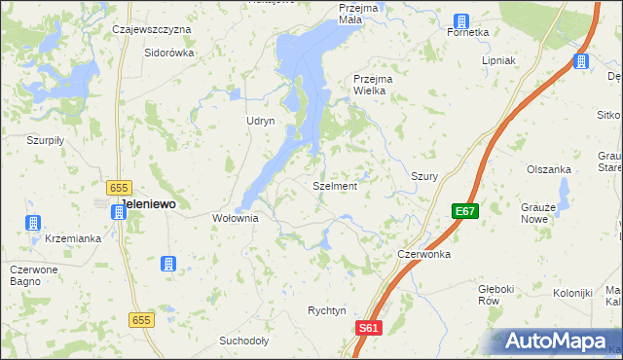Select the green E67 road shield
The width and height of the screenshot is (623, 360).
click(464, 211)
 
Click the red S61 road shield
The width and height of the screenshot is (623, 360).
click(366, 330)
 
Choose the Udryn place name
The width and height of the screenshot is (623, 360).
click(261, 121)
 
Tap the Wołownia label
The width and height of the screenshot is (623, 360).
click(235, 219)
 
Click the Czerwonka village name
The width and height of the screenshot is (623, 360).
click(423, 254)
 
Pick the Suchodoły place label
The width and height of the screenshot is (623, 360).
click(243, 342)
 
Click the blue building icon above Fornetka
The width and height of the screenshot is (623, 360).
click(461, 20)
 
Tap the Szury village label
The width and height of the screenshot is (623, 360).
click(423, 177)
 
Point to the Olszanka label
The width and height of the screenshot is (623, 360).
click(548, 169)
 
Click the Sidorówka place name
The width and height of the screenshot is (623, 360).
click(169, 53)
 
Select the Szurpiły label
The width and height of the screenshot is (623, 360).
click(45, 140)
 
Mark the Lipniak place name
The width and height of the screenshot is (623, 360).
click(498, 60)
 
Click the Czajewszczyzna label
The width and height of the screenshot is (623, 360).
click(151, 30)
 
